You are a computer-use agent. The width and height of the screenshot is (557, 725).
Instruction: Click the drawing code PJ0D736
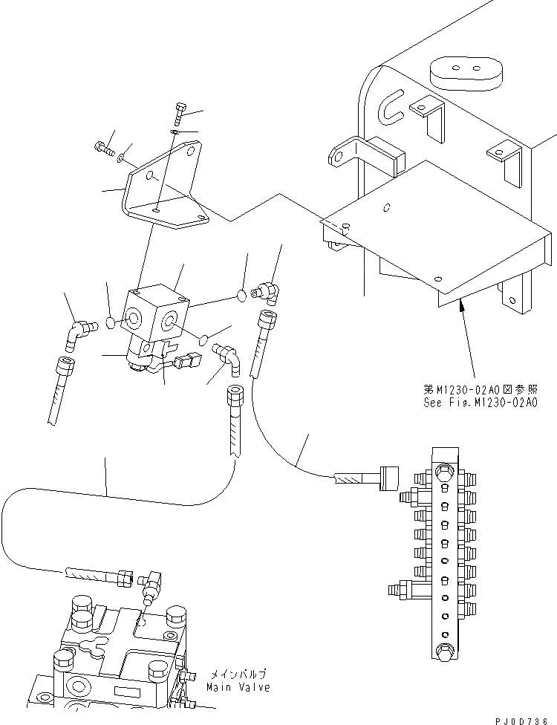pos(525,717)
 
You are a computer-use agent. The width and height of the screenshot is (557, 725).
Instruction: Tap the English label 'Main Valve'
pos(238,687)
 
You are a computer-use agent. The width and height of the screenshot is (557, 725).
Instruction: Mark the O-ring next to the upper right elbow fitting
pos(241,296)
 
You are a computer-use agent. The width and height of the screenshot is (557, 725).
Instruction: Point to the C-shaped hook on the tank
pos(391,108)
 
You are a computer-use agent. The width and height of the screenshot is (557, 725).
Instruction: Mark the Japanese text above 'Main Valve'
pos(239,674)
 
